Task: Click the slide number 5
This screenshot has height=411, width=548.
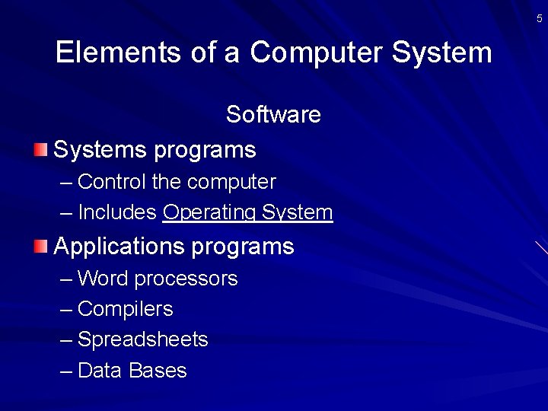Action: point(540,18)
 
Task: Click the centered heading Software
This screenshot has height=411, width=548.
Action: point(273,114)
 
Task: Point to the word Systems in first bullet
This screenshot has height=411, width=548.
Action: point(100,149)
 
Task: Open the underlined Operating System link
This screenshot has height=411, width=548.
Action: point(247,213)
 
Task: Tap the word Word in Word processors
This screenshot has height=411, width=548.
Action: point(103,279)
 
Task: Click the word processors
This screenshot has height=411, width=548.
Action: point(186,279)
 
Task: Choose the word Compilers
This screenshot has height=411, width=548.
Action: point(125,309)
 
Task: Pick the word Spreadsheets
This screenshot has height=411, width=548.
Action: point(142,339)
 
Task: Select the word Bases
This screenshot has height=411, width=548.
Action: point(158,371)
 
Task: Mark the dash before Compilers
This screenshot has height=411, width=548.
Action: point(65,310)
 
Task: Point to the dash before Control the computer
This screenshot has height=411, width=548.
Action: point(65,183)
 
